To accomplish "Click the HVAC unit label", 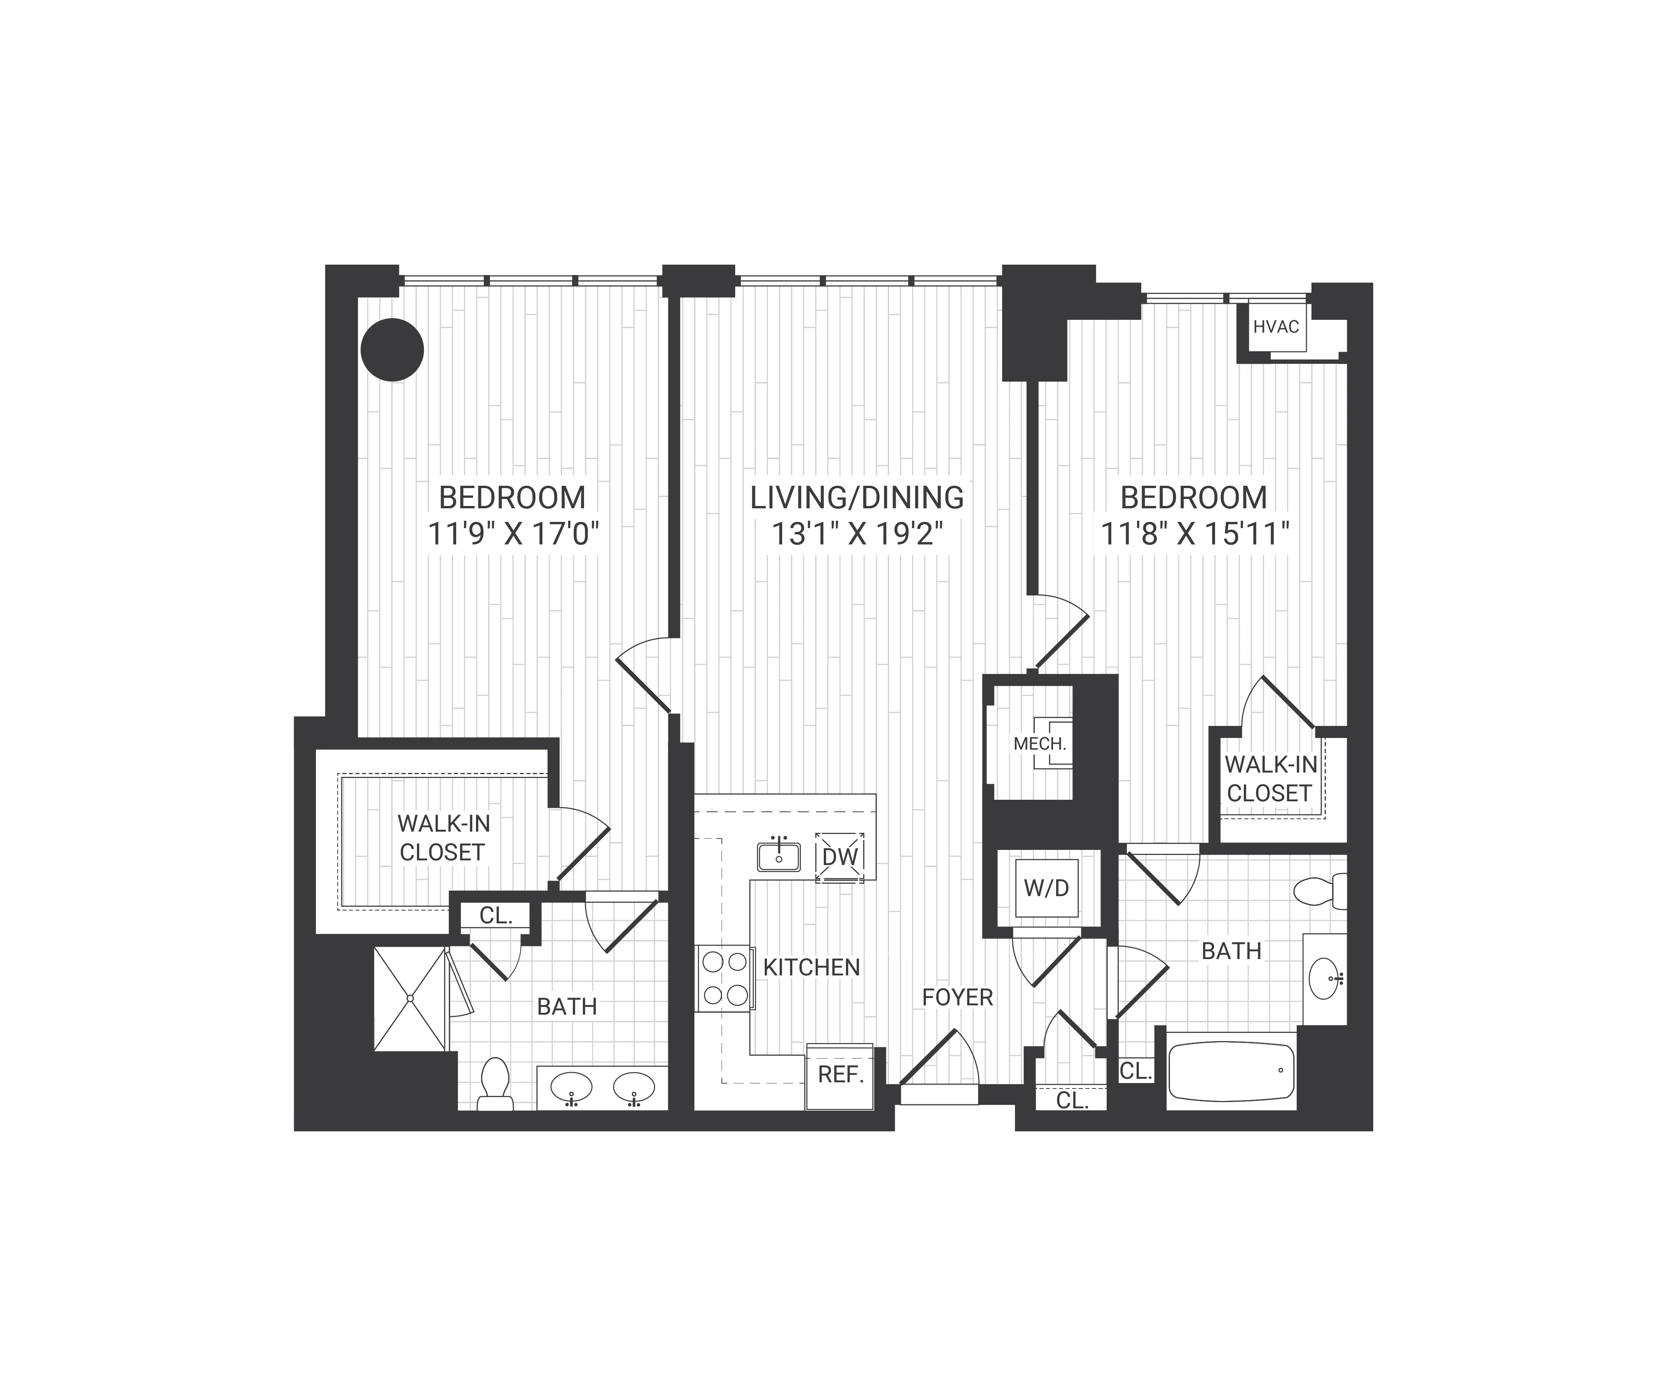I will [1276, 326].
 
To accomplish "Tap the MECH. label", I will [1039, 744].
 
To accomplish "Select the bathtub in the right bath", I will [1231, 1070].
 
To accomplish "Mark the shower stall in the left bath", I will [410, 998].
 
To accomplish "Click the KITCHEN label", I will [811, 967].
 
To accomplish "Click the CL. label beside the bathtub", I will [1135, 1071].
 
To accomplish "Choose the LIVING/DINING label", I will [856, 498].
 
